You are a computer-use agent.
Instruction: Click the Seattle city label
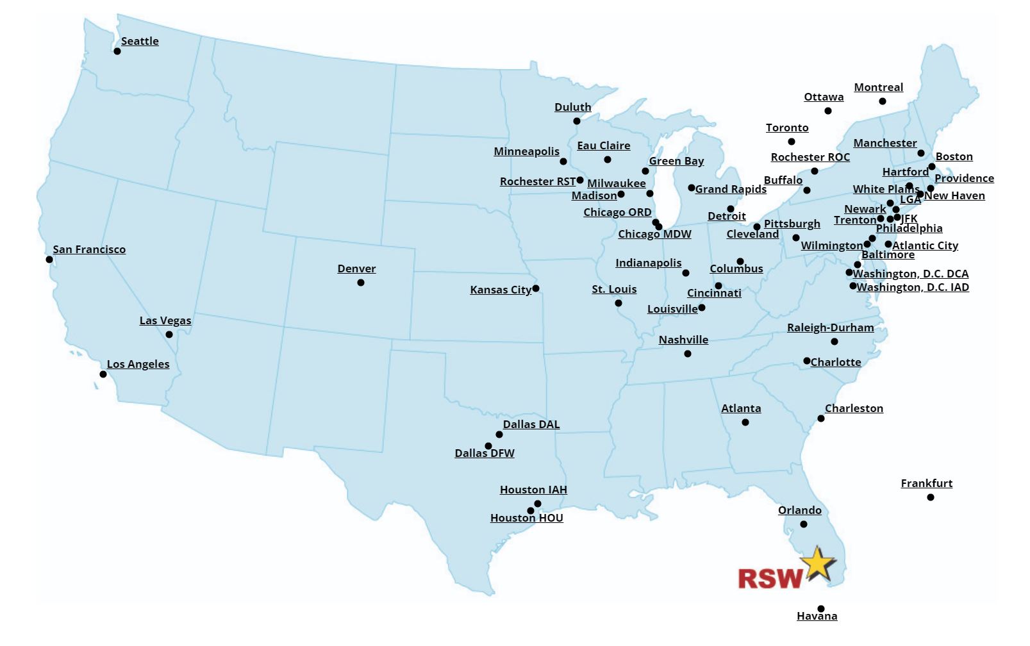140,41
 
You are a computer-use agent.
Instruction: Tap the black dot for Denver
361,283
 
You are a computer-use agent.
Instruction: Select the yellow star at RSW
818,564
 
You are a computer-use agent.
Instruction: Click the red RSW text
769,578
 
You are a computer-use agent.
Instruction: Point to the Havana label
817,616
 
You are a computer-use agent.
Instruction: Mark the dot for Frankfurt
931,497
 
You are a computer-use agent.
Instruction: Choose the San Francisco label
89,249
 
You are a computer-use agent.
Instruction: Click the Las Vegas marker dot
169,335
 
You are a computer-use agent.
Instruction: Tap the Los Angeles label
138,364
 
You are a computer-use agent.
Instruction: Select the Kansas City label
501,290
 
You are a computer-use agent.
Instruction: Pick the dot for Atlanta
745,422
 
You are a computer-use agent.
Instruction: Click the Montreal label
878,87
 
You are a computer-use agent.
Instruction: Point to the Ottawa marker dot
828,111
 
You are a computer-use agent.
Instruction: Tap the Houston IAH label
533,490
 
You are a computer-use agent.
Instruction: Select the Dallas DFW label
485,453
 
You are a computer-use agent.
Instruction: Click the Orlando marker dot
804,524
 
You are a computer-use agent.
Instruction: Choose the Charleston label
854,408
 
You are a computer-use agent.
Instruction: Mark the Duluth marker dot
577,121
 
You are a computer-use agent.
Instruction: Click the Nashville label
683,340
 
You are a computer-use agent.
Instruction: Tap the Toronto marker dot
792,142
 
